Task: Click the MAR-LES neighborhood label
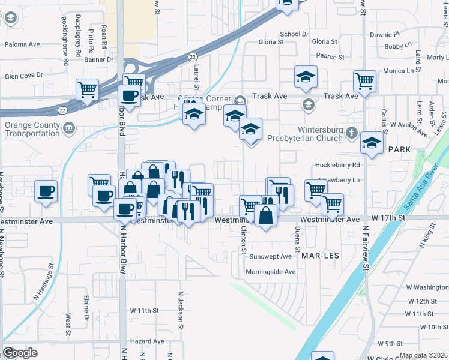point(320,256)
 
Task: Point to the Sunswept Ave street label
point(270,256)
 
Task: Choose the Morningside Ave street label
point(271,272)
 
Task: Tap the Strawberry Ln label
point(339,180)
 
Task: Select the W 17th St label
point(390,220)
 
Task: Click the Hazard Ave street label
point(147,341)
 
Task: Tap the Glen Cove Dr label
point(24,75)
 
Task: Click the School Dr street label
point(294,35)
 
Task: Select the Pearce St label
point(330,57)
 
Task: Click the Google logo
point(20,353)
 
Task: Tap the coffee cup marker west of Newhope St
point(46,191)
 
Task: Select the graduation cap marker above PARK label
point(372,143)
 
